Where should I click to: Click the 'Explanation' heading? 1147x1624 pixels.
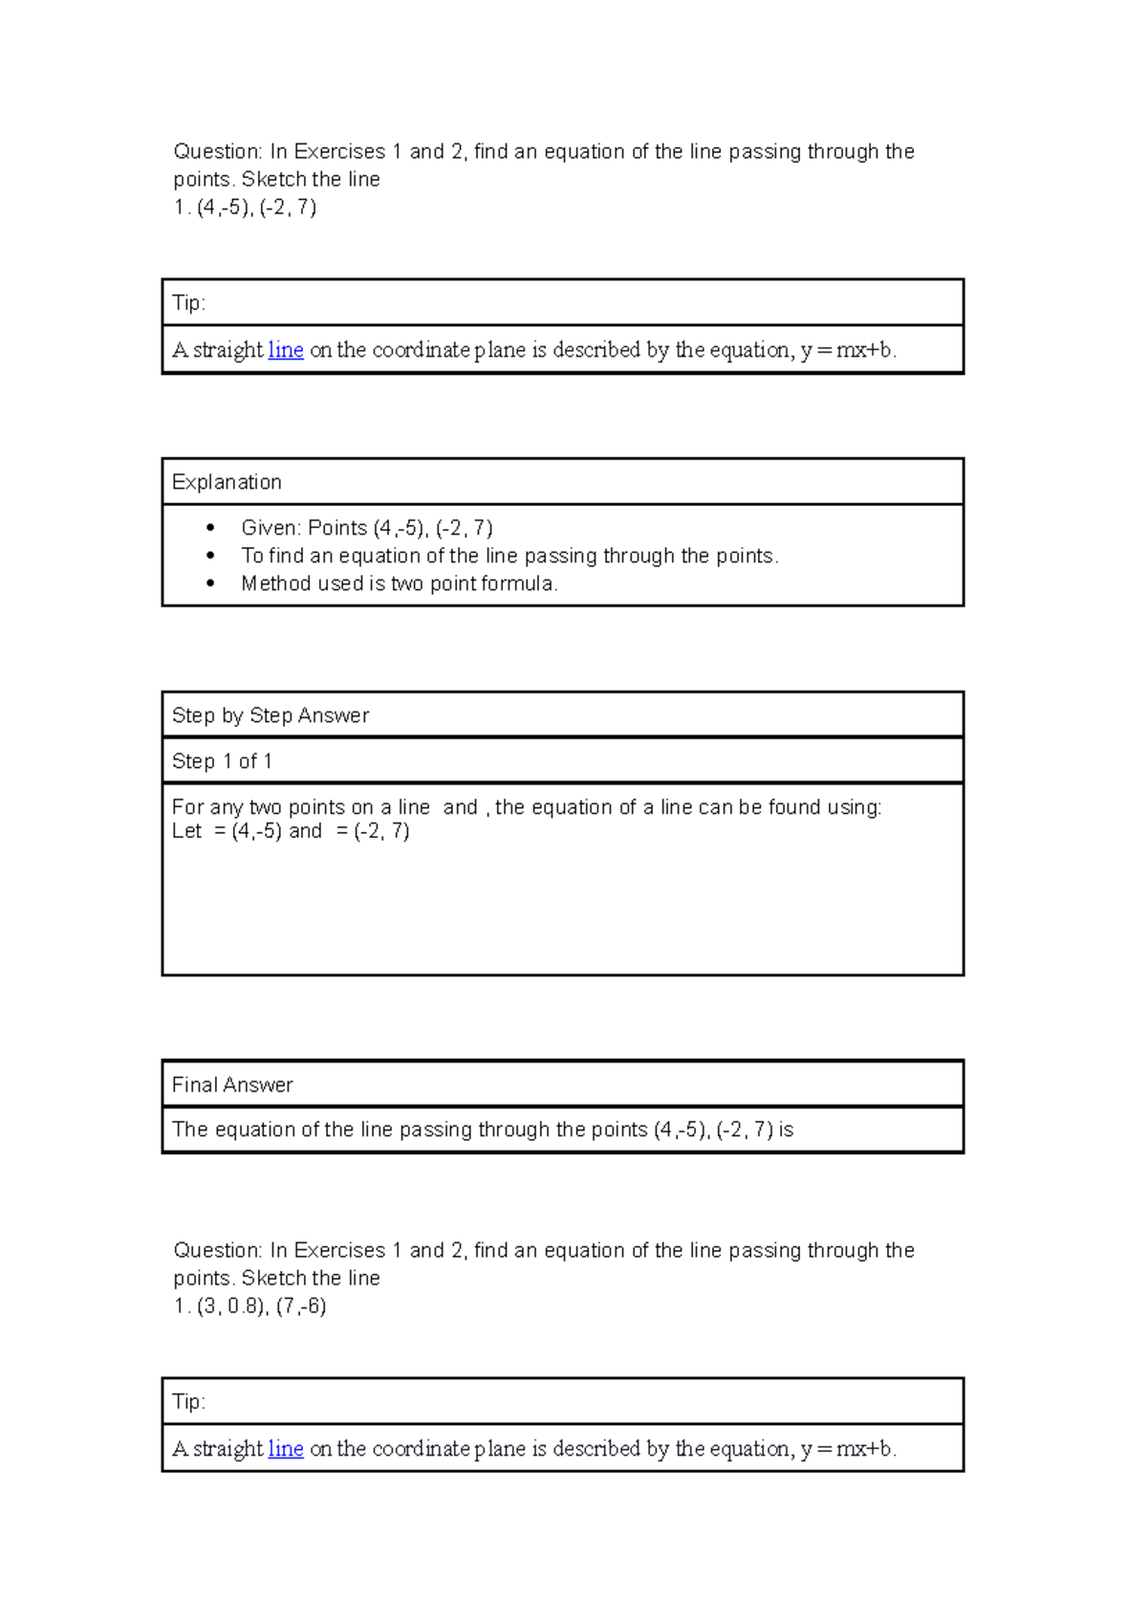coord(227,482)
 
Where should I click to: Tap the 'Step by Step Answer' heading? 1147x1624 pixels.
coord(271,715)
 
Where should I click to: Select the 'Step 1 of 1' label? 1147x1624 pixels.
coord(222,761)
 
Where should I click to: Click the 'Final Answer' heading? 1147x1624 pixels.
coord(232,1085)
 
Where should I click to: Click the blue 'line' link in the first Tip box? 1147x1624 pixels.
coord(286,350)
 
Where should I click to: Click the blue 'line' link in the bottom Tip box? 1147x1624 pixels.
coord(286,1449)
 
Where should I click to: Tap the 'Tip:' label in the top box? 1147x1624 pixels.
coord(188,303)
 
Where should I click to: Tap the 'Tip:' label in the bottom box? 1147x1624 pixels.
coord(188,1402)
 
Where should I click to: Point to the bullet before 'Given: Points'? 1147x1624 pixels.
coord(211,528)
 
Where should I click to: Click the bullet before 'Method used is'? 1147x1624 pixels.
coord(211,583)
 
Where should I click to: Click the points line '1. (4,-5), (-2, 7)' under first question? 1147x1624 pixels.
coord(245,208)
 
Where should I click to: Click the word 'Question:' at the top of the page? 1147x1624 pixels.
coord(217,152)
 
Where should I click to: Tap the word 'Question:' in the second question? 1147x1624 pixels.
coord(217,1251)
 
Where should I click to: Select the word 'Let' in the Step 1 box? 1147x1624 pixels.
coord(186,831)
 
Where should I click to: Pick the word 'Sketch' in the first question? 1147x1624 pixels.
coord(273,180)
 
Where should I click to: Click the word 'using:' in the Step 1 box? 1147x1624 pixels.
coord(854,808)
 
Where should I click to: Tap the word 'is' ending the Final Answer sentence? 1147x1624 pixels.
coord(786,1130)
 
